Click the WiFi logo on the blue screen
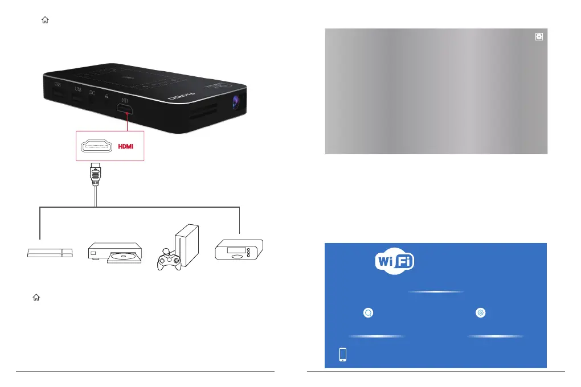click(394, 261)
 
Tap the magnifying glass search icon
click(369, 312)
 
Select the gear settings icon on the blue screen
click(481, 312)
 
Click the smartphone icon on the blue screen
click(343, 354)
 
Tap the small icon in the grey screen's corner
click(539, 36)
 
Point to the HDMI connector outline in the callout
click(97, 146)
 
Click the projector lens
click(236, 102)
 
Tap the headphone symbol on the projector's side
click(107, 97)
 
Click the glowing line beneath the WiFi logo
click(436, 291)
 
